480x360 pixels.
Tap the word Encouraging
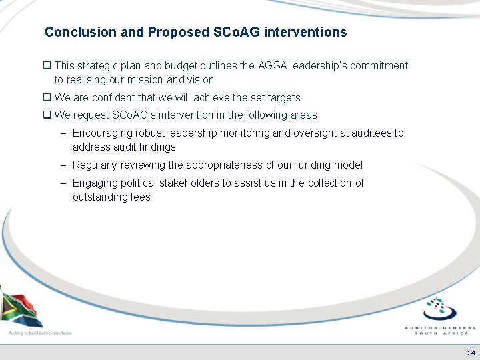pos(105,133)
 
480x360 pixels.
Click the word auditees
pos(359,133)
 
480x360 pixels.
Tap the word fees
pos(140,197)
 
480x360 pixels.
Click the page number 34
pos(471,353)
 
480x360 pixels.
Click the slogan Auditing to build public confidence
pos(39,332)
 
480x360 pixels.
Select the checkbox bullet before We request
pos(47,115)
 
